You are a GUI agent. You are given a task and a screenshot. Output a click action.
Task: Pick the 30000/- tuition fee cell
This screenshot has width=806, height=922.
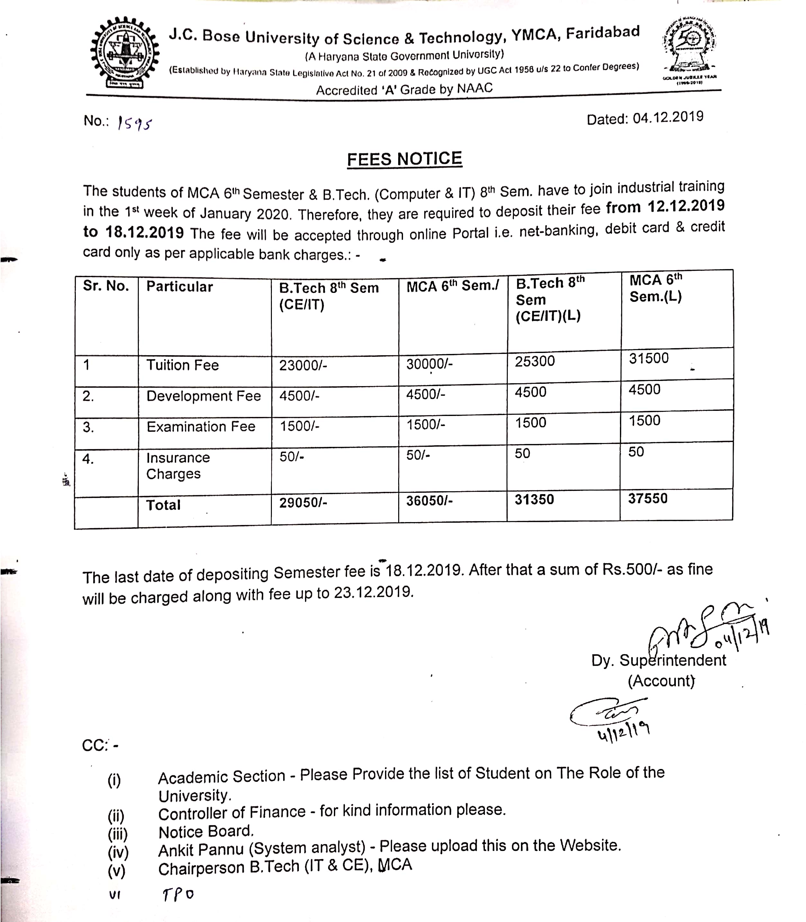[x=429, y=364]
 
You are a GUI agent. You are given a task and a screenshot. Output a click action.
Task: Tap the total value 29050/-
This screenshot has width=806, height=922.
[x=303, y=502]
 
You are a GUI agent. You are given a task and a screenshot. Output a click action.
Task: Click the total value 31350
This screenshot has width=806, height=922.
[x=534, y=500]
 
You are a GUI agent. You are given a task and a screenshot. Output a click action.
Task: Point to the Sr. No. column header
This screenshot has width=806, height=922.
[x=106, y=286]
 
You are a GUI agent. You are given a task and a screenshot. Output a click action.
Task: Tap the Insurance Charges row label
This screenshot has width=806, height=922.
[x=178, y=466]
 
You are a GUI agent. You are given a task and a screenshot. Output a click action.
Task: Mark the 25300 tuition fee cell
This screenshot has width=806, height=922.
[x=535, y=361]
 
